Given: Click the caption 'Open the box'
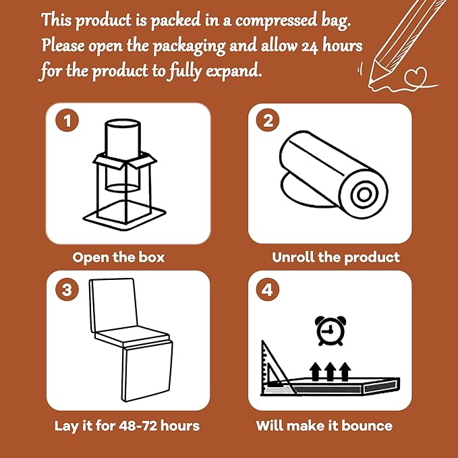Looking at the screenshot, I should (118, 257).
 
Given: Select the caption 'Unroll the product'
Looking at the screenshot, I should (336, 257).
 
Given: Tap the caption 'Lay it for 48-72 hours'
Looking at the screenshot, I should (126, 426).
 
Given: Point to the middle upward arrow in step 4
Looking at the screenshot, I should (330, 372).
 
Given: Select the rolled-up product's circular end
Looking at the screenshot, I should (364, 196).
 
